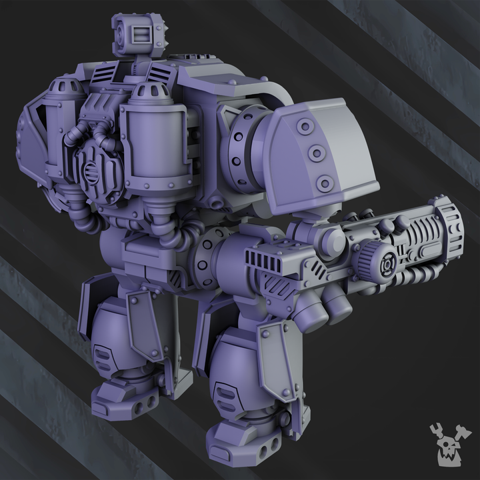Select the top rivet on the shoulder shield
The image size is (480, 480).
click(x=306, y=127)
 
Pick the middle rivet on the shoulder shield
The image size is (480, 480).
click(x=316, y=155)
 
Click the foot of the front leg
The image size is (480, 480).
click(x=243, y=443)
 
